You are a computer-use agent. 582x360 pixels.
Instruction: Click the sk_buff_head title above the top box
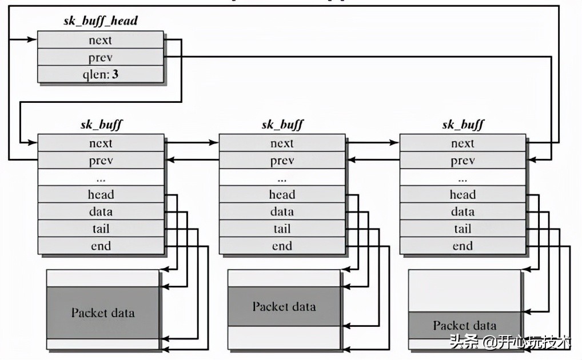101,22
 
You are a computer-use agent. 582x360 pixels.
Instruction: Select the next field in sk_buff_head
101,40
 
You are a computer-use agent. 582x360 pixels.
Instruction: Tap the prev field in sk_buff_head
101,57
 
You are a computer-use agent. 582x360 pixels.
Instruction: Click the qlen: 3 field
101,74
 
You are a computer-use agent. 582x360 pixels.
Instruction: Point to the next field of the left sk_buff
101,143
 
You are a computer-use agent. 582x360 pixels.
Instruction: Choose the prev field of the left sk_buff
101,161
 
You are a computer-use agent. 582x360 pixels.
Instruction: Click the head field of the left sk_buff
101,194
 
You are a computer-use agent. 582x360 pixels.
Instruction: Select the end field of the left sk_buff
101,246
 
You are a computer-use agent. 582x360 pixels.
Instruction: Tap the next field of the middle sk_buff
282,143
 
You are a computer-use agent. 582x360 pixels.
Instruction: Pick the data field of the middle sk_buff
282,211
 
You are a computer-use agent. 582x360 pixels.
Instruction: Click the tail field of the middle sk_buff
282,229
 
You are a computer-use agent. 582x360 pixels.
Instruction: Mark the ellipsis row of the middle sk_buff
282,178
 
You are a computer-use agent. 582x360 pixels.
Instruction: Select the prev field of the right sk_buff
463,161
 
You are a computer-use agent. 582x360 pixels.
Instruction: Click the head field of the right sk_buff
463,194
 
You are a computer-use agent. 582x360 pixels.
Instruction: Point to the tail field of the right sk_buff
463,229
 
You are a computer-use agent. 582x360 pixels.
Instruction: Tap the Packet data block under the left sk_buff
103,312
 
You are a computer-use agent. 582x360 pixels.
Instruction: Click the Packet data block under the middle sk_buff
284,306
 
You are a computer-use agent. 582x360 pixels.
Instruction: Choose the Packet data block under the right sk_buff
464,326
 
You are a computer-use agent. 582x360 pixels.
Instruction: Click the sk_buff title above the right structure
463,125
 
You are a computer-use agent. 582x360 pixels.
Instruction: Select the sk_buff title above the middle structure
282,125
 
